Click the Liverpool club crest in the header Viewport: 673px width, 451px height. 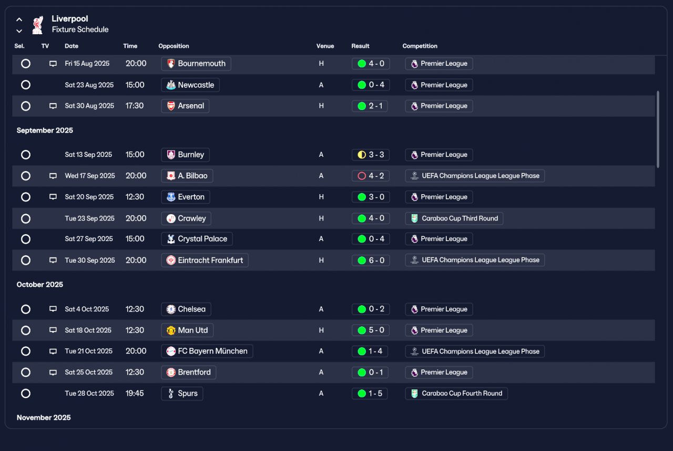click(37, 25)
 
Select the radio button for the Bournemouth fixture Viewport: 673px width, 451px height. click(26, 64)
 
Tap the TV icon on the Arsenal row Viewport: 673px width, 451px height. click(53, 106)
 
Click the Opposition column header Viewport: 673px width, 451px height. click(174, 46)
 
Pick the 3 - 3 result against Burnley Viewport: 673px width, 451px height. click(371, 155)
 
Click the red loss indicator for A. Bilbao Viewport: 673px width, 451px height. click(362, 176)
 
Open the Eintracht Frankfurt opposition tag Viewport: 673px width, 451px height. click(205, 260)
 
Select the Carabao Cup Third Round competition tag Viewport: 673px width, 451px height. click(454, 218)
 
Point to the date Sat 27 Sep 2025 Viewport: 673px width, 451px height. click(89, 239)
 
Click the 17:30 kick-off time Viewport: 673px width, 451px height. click(135, 106)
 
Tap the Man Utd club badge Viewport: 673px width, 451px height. click(171, 330)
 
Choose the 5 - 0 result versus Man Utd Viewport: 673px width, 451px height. click(371, 330)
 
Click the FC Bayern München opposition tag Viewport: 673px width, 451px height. click(207, 351)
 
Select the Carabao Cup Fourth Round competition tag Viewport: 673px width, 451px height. click(456, 393)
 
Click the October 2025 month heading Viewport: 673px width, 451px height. click(40, 284)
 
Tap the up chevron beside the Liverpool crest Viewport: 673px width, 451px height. click(19, 19)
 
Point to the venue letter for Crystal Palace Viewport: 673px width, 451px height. click(321, 239)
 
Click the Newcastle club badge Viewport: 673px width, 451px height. click(171, 85)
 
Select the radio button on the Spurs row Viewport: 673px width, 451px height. click(26, 393)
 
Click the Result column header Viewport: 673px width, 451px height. click(360, 46)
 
